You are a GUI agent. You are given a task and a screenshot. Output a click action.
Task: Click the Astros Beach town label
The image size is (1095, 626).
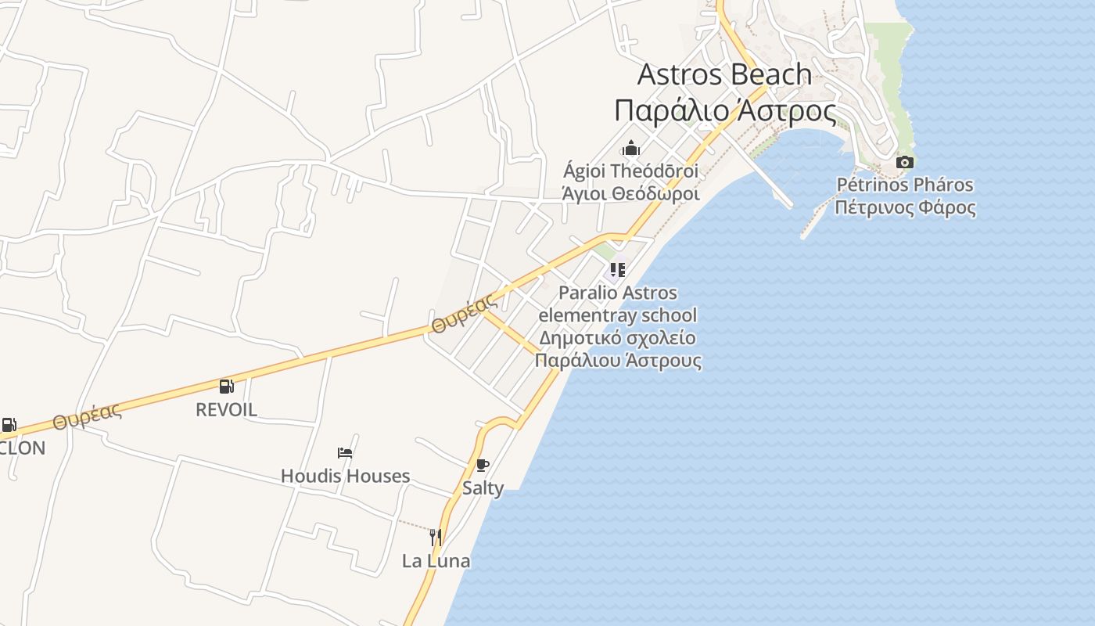tap(724, 74)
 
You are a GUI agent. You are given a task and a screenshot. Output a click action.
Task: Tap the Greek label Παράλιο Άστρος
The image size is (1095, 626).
tap(724, 110)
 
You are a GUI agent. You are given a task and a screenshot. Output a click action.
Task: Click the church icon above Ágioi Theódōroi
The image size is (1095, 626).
tap(631, 148)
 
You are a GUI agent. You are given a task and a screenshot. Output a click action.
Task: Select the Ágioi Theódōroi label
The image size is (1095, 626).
tap(630, 171)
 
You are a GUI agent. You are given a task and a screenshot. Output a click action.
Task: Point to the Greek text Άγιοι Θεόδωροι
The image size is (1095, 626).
tap(630, 192)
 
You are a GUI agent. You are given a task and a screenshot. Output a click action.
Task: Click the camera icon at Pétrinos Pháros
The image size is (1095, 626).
tap(905, 162)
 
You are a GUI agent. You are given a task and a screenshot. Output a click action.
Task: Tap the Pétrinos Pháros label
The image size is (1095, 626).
tap(905, 185)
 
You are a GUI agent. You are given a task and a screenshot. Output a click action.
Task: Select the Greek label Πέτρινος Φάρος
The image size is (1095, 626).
tap(905, 207)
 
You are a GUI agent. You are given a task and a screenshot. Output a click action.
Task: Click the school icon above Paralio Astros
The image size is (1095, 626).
tap(618, 270)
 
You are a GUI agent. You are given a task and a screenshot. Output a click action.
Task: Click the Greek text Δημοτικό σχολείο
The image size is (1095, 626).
tap(617, 338)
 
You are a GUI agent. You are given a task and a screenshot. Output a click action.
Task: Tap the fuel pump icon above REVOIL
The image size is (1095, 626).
tap(226, 386)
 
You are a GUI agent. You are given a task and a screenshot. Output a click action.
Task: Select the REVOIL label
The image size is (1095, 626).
tap(226, 409)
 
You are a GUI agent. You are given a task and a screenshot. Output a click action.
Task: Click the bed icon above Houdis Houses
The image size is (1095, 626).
tap(345, 452)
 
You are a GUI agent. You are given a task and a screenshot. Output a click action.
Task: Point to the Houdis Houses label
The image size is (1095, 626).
tap(345, 476)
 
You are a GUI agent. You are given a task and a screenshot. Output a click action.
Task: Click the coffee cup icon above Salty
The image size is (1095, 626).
tap(483, 465)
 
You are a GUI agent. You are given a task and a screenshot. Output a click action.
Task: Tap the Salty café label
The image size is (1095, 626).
tap(483, 488)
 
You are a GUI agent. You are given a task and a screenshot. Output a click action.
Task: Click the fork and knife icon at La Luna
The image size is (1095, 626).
tap(436, 538)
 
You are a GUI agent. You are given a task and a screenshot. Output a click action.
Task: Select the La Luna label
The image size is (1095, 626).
tap(436, 561)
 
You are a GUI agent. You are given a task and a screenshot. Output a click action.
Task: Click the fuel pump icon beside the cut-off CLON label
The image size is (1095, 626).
tap(9, 425)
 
